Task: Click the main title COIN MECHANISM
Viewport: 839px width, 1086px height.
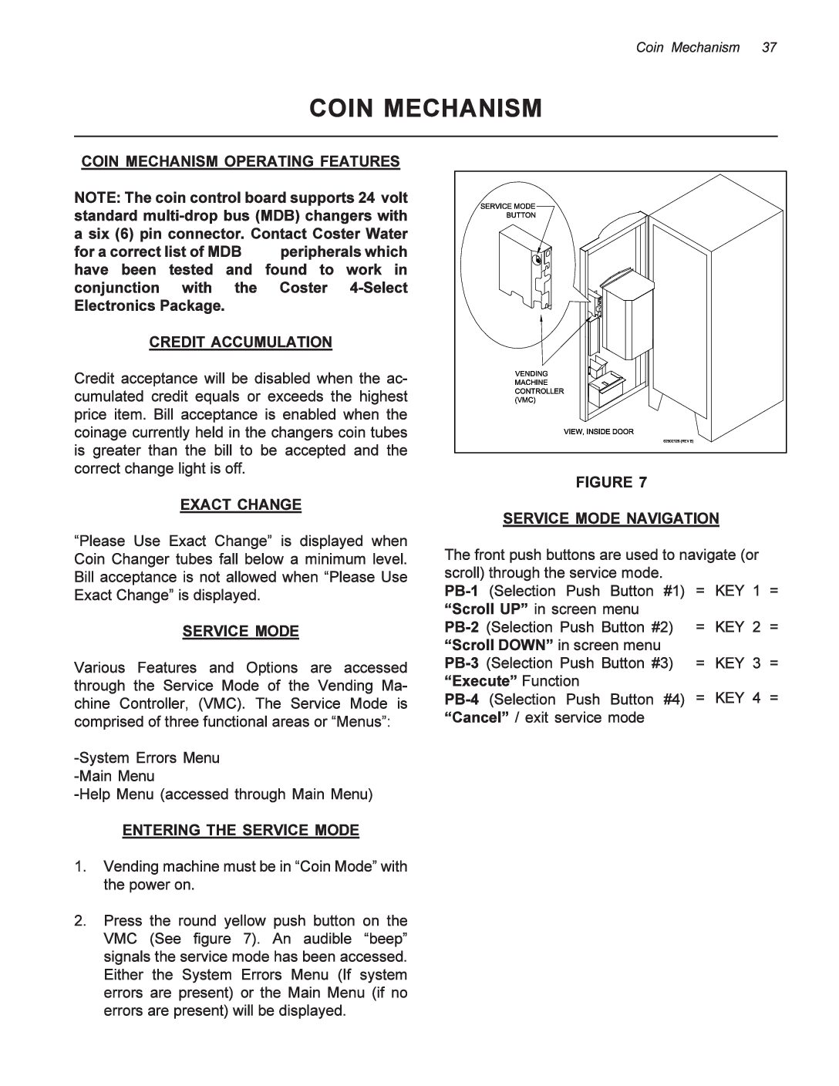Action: [x=426, y=109]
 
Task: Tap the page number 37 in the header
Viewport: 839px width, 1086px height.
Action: [x=769, y=48]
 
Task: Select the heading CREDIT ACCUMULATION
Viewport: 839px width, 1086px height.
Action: [x=241, y=342]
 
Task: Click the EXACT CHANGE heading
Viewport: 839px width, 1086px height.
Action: [x=241, y=505]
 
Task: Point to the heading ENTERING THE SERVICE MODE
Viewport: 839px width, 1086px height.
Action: [x=241, y=831]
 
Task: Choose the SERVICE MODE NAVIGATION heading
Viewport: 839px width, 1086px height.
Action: [x=611, y=519]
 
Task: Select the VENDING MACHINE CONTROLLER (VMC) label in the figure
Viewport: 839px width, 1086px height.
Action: [x=539, y=386]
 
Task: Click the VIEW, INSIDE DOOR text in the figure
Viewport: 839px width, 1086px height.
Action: [x=598, y=431]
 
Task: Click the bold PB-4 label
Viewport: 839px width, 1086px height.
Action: [x=461, y=700]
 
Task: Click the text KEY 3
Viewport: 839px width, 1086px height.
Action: [x=737, y=663]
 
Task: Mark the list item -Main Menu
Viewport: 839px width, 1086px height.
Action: [x=115, y=777]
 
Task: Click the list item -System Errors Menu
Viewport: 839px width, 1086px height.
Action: [x=147, y=758]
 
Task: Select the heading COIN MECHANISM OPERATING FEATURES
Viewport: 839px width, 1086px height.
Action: [x=241, y=161]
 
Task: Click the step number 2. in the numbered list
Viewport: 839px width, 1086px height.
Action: [x=80, y=921]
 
